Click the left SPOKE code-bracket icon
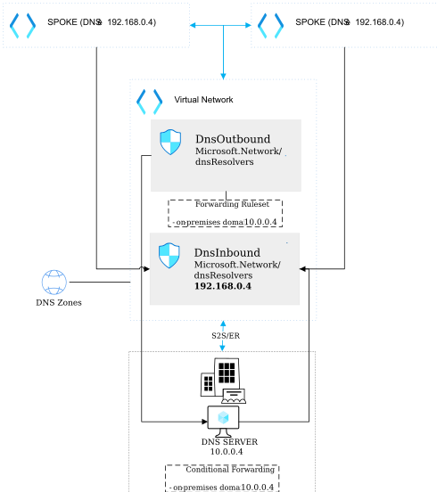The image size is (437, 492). (x=22, y=25)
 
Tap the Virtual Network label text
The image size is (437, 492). (x=203, y=101)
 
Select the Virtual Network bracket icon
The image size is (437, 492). (x=149, y=102)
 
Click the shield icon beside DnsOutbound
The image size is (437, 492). (x=169, y=142)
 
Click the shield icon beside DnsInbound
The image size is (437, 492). (x=169, y=255)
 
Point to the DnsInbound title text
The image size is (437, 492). (x=227, y=252)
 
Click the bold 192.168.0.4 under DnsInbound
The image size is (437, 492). (x=223, y=287)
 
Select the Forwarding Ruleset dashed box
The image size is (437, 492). (x=226, y=213)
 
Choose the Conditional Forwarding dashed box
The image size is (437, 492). (x=221, y=478)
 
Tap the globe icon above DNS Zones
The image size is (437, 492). (x=54, y=283)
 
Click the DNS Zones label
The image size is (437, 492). (x=58, y=303)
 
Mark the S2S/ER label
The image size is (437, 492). (x=225, y=335)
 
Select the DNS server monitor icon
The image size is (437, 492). (x=224, y=418)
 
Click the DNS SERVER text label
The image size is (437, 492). (x=229, y=442)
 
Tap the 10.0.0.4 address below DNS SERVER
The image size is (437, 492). (x=227, y=453)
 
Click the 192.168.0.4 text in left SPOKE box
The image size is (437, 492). (x=132, y=22)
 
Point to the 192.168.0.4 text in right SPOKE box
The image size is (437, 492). (x=379, y=22)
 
